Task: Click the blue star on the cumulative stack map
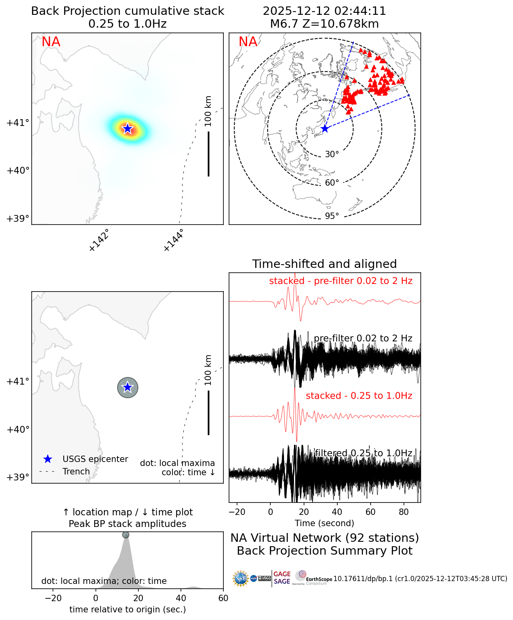(x=128, y=128)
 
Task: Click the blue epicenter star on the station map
(x=325, y=129)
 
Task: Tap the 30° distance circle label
(x=332, y=154)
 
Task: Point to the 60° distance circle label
(x=332, y=183)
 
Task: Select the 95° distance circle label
(x=332, y=216)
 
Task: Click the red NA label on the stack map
(x=51, y=42)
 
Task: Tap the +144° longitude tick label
(x=174, y=240)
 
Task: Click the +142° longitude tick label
(x=99, y=240)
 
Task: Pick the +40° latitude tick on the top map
(x=18, y=171)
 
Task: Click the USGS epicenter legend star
(x=47, y=459)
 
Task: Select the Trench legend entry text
(x=76, y=472)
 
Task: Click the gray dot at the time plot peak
(x=126, y=535)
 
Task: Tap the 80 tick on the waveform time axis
(x=404, y=512)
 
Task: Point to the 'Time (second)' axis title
(x=324, y=523)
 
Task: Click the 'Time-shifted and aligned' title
(x=324, y=264)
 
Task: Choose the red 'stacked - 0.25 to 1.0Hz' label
(x=359, y=396)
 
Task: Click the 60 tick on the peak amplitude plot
(x=223, y=598)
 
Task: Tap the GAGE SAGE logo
(x=282, y=578)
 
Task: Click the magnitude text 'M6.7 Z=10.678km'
(x=324, y=24)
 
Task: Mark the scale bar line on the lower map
(x=209, y=413)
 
